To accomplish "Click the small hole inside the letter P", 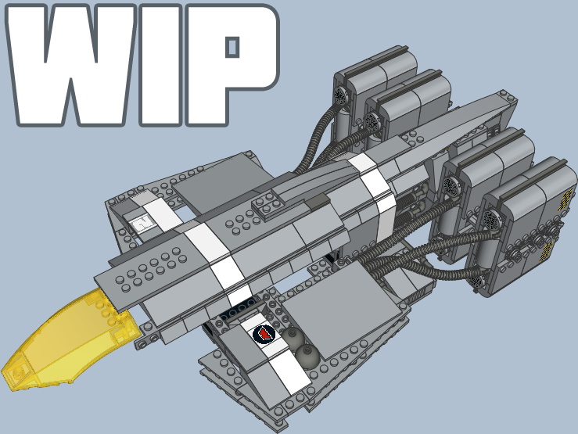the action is click(x=232, y=47).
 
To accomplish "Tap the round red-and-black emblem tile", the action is click(x=264, y=334).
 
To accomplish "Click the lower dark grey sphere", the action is click(x=307, y=355).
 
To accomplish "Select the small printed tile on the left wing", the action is click(x=142, y=224).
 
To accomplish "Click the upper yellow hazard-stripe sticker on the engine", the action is click(x=565, y=199).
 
